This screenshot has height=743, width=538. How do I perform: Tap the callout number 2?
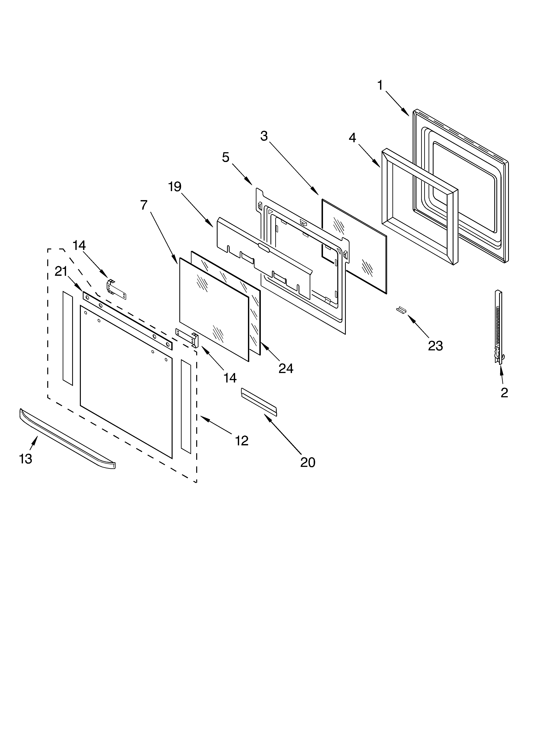pyautogui.click(x=504, y=392)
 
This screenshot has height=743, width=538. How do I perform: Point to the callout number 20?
pyautogui.click(x=308, y=462)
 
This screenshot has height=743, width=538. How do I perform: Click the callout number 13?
pyautogui.click(x=26, y=459)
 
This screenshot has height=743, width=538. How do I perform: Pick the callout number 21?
pyautogui.click(x=61, y=272)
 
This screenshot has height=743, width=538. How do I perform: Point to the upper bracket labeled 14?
pyautogui.click(x=116, y=289)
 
